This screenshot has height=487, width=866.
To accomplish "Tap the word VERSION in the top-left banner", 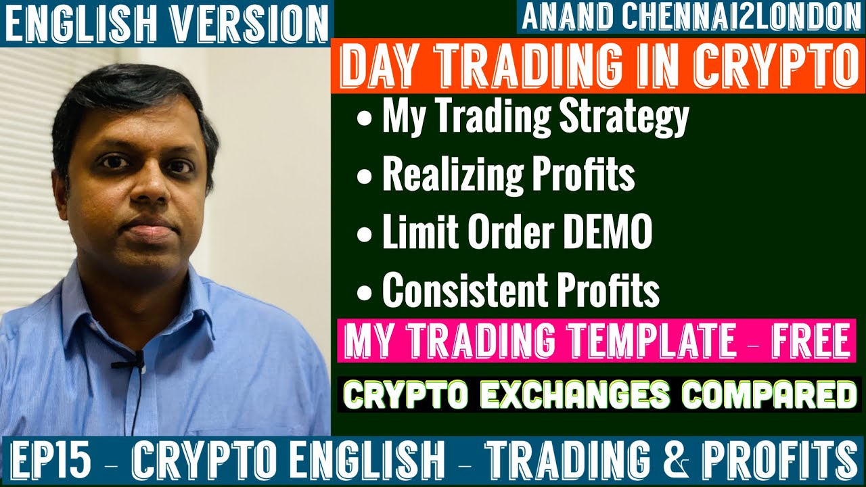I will point(250,24).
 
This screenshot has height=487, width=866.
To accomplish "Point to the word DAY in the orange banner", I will point(380,65).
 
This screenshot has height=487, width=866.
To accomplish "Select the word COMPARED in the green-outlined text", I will point(769,394).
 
